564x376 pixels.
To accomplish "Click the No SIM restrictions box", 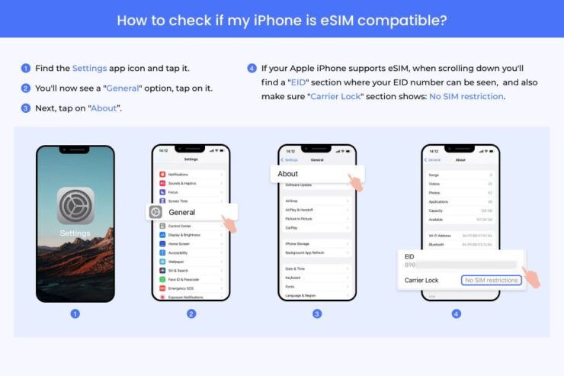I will coord(492,281).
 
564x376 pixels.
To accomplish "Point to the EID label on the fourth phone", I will coord(411,256).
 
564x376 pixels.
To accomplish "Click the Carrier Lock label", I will coord(421,281).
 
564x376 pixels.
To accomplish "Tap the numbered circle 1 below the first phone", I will coord(75,313).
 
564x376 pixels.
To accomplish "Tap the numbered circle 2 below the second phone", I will coord(191,313).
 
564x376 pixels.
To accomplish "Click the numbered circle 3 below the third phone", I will coord(317,313).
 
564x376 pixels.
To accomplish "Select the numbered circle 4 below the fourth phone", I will coord(456,313).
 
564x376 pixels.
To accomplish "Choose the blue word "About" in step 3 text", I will coord(104,108).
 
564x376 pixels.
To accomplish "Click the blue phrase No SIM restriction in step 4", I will coord(466,96).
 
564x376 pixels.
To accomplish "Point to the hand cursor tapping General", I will coord(229,223).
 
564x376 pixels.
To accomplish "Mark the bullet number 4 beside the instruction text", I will coord(252,68).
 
